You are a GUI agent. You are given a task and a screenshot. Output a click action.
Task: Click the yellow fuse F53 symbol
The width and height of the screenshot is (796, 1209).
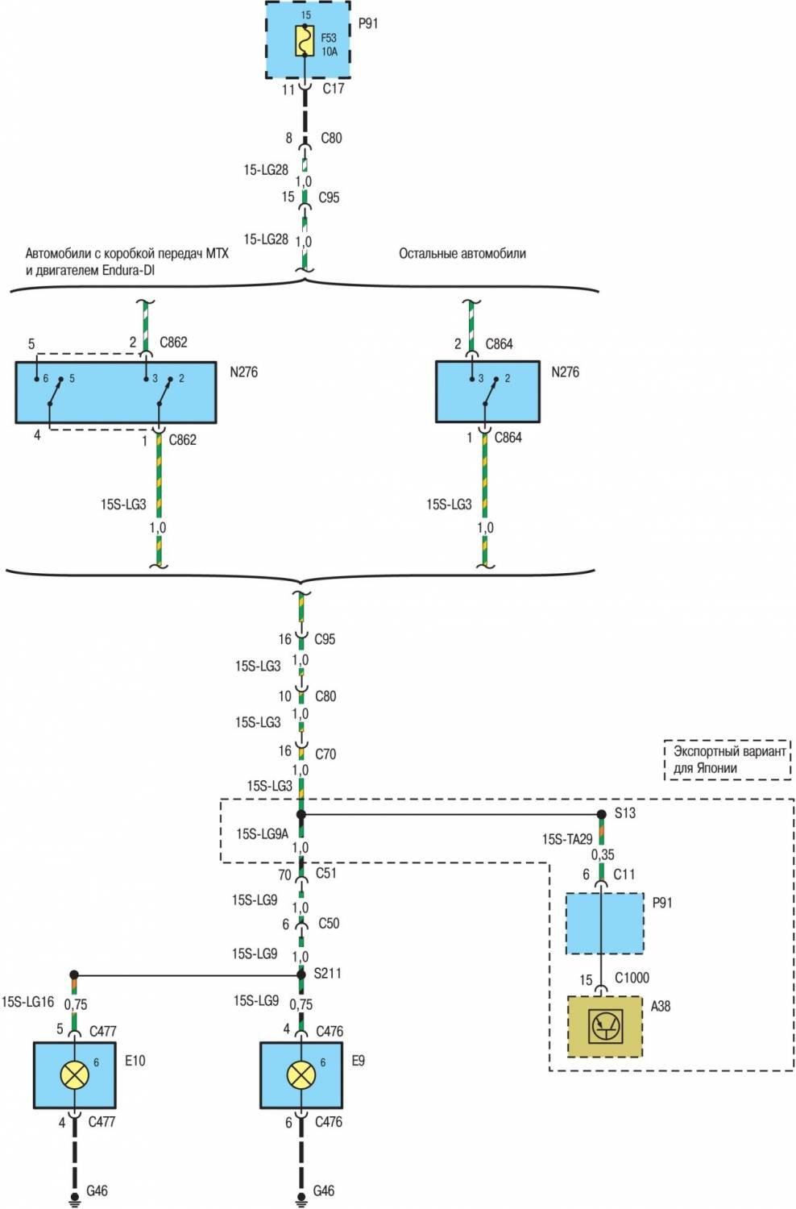304,41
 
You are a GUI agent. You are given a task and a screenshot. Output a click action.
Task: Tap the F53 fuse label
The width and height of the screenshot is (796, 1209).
329,38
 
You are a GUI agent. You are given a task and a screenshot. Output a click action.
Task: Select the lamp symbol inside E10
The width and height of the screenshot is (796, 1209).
74,1074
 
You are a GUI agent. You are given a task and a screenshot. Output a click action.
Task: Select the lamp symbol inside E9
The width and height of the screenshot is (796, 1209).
301,1074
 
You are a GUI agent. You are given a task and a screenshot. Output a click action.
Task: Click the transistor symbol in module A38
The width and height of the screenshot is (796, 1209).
605,1026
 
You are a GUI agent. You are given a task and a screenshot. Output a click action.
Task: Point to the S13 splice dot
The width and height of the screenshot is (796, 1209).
601,814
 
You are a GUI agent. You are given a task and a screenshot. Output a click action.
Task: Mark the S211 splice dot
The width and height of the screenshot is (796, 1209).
301,974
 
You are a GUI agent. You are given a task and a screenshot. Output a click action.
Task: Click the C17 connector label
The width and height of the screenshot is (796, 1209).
334,89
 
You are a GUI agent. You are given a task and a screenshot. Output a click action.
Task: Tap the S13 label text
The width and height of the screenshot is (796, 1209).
625,812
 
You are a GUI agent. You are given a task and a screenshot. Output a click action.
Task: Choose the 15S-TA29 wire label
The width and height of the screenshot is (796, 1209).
567,839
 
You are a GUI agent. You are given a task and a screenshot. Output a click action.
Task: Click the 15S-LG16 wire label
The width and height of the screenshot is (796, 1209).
27,1002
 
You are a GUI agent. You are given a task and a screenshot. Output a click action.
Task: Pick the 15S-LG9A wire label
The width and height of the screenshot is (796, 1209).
262,833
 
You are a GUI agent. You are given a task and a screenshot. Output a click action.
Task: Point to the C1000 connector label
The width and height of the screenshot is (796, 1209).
632,978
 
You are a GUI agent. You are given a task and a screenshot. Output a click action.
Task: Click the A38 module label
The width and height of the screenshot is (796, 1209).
661,1006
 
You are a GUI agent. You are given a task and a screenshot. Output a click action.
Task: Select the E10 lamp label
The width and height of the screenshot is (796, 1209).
135,1061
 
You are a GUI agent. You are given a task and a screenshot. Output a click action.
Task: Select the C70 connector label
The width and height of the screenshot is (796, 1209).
325,754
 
